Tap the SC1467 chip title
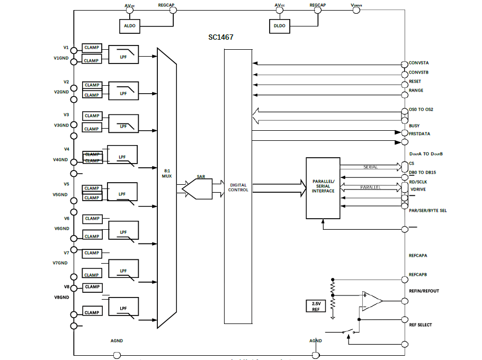[x=221, y=38]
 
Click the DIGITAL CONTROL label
[x=238, y=187]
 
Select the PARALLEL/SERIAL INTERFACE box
[x=323, y=188]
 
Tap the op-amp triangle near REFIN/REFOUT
[x=371, y=301]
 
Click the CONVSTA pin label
[x=418, y=63]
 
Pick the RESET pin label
[x=415, y=82]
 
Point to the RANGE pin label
[x=416, y=91]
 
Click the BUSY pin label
[x=414, y=126]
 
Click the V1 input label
[x=66, y=47]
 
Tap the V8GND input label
[x=61, y=297]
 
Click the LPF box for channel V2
[x=123, y=91]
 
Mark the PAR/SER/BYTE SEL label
[x=427, y=210]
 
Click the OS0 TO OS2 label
[x=422, y=110]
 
